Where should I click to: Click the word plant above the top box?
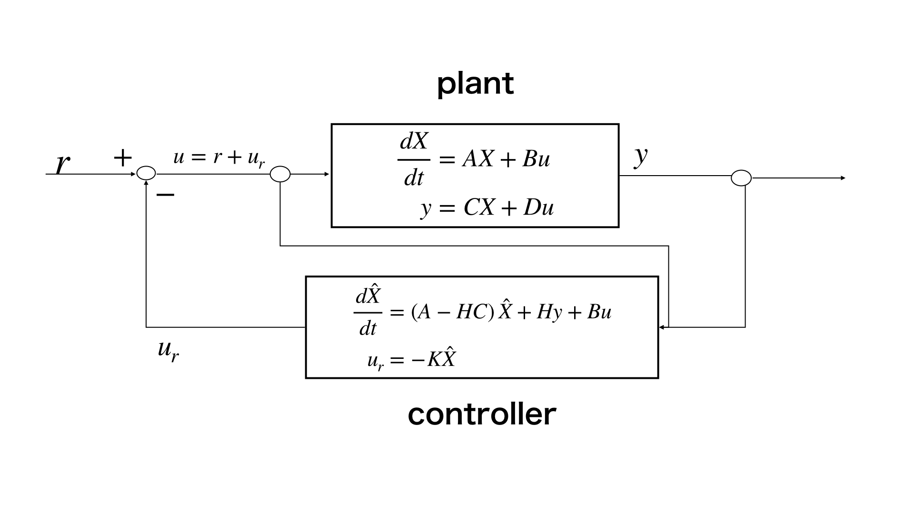[x=475, y=84]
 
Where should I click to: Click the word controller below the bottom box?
[x=482, y=414]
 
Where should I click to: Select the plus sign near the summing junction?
[x=122, y=158]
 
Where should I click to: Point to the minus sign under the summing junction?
[x=165, y=195]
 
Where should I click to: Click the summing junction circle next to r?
[x=146, y=174]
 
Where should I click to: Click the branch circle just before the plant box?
[x=280, y=174]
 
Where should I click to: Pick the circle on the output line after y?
[x=741, y=178]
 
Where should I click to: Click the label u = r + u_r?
[x=219, y=158]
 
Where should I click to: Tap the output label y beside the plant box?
[x=641, y=156]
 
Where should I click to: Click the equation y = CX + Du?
[x=487, y=208]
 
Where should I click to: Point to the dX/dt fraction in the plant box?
[x=414, y=159]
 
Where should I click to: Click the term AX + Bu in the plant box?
[x=506, y=159]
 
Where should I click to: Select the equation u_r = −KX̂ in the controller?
[x=411, y=359]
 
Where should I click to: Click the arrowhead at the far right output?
[x=843, y=178]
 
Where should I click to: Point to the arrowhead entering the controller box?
[x=662, y=327]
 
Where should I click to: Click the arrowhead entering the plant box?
[x=327, y=174]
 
